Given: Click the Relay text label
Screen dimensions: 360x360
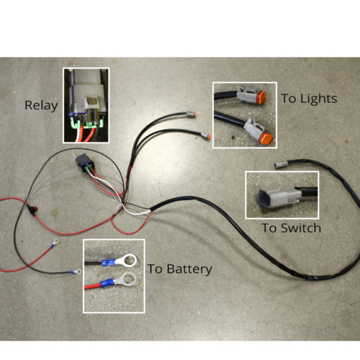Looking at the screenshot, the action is (41, 106).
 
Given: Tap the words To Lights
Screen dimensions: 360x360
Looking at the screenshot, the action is (309, 99).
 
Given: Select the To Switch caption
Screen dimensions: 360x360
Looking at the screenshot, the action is (292, 228).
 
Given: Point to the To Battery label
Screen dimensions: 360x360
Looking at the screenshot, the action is (180, 269).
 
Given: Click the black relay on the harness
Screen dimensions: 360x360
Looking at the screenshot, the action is (85, 163).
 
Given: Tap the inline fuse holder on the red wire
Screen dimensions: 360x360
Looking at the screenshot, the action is (32, 210).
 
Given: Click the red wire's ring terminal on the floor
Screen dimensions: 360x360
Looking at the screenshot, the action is (55, 243).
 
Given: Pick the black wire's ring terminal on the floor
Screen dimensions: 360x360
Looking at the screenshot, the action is (76, 272).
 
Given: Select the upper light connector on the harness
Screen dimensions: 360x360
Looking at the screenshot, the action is (191, 114).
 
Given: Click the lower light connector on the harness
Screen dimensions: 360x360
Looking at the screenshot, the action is (205, 135).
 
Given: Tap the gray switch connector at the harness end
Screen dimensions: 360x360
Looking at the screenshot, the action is (281, 165).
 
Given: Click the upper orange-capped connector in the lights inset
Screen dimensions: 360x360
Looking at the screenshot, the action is (251, 95).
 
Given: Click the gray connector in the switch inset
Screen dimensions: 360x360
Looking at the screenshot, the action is (279, 197).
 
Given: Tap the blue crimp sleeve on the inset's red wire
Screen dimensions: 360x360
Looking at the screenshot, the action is (107, 282).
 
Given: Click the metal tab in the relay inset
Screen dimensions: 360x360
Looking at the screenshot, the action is (92, 102).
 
